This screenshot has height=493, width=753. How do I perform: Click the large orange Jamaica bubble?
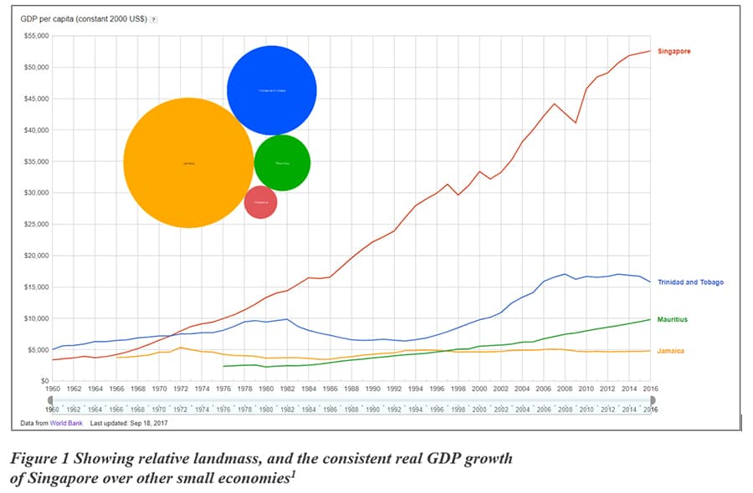[x=188, y=163]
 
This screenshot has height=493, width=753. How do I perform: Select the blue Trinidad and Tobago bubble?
[x=272, y=90]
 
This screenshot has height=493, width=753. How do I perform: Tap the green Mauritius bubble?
[x=282, y=163]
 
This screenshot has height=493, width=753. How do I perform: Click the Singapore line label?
[x=675, y=52]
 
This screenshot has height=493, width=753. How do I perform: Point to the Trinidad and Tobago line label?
[x=690, y=282]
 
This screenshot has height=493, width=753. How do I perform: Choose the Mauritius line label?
[x=674, y=319]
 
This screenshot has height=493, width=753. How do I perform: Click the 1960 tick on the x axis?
[x=52, y=389]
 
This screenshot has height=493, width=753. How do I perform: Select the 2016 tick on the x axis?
[x=649, y=389]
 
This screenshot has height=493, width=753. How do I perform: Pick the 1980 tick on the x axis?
[x=266, y=389]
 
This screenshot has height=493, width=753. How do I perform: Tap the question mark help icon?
[x=153, y=18]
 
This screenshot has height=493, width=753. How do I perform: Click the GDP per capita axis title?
[x=84, y=18]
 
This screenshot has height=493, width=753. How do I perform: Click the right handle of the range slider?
[x=652, y=400]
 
